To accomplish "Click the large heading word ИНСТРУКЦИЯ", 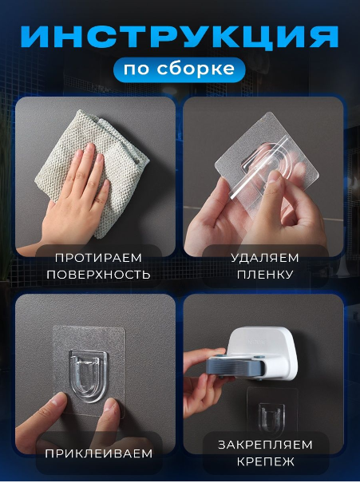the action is click(x=180, y=37).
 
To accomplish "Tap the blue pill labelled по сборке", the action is click(x=180, y=69).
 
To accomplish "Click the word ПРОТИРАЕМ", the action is click(x=98, y=258).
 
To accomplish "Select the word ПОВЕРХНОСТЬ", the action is click(x=98, y=275).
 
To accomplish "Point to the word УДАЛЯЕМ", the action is click(x=265, y=258).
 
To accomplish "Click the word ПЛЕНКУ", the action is click(x=265, y=275).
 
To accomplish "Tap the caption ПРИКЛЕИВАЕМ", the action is click(x=99, y=453).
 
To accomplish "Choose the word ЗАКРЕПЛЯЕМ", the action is click(x=265, y=445).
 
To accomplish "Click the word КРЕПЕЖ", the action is click(x=265, y=461).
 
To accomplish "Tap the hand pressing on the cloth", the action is click(x=76, y=197).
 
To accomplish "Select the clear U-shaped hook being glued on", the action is click(x=89, y=376).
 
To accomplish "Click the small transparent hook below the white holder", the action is click(x=271, y=418).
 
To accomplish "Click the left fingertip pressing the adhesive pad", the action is click(x=57, y=403).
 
